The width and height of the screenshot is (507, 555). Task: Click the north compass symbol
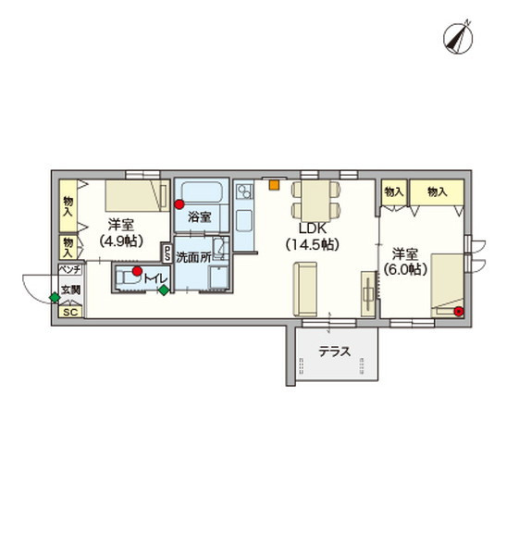point(458,38)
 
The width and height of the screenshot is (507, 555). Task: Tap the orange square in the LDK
point(274,185)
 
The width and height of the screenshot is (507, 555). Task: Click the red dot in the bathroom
point(179,204)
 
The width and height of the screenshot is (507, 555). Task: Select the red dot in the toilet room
point(137,271)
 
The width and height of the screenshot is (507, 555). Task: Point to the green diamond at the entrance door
point(55,298)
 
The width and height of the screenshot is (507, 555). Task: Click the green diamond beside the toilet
point(164,290)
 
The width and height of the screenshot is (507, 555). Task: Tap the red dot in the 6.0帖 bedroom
point(459,312)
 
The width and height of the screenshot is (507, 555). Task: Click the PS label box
point(166,253)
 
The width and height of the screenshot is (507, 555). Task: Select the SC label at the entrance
point(71,313)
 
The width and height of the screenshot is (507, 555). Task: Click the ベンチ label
point(70,270)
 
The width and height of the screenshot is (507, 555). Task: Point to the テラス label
point(335,351)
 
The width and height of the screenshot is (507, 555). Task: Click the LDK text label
point(313,228)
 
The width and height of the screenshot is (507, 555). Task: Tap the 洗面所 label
point(193,258)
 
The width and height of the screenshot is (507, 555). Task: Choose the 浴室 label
point(200,217)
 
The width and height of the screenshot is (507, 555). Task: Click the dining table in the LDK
point(315,201)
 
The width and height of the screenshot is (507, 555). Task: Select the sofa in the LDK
point(304,289)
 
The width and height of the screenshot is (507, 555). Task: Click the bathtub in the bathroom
point(202,193)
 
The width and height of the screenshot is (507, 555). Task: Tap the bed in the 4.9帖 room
point(137,196)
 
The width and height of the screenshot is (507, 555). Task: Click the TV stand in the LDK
point(368,294)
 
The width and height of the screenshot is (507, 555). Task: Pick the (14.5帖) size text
point(313,244)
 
